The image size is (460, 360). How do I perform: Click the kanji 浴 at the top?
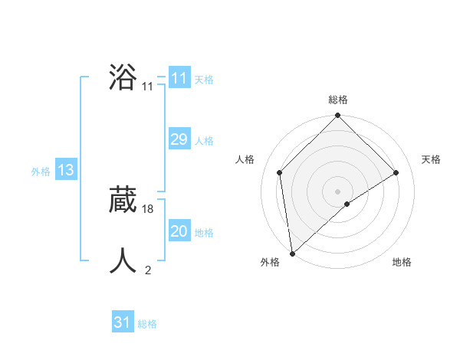click(123, 78)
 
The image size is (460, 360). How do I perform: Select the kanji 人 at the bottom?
click(123, 260)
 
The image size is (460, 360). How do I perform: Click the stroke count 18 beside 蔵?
click(148, 208)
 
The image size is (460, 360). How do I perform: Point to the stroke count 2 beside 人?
click(148, 270)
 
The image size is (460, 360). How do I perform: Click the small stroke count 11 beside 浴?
click(148, 87)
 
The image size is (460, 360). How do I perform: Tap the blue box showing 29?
click(179, 139)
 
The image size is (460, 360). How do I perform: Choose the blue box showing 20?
click(179, 231)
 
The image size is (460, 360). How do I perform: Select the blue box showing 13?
click(65, 170)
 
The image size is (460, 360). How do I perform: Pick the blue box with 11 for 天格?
click(179, 78)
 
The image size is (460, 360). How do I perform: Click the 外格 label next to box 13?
click(41, 172)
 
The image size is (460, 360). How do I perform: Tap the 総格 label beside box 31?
click(147, 324)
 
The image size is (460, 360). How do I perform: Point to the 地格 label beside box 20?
click(204, 233)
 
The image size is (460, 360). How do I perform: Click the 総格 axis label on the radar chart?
click(338, 100)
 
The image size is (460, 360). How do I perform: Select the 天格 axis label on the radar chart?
click(431, 159)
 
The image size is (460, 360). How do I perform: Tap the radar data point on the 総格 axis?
click(338, 116)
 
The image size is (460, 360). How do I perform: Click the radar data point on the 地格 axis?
click(347, 204)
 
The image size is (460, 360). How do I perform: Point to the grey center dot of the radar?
click(338, 191)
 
